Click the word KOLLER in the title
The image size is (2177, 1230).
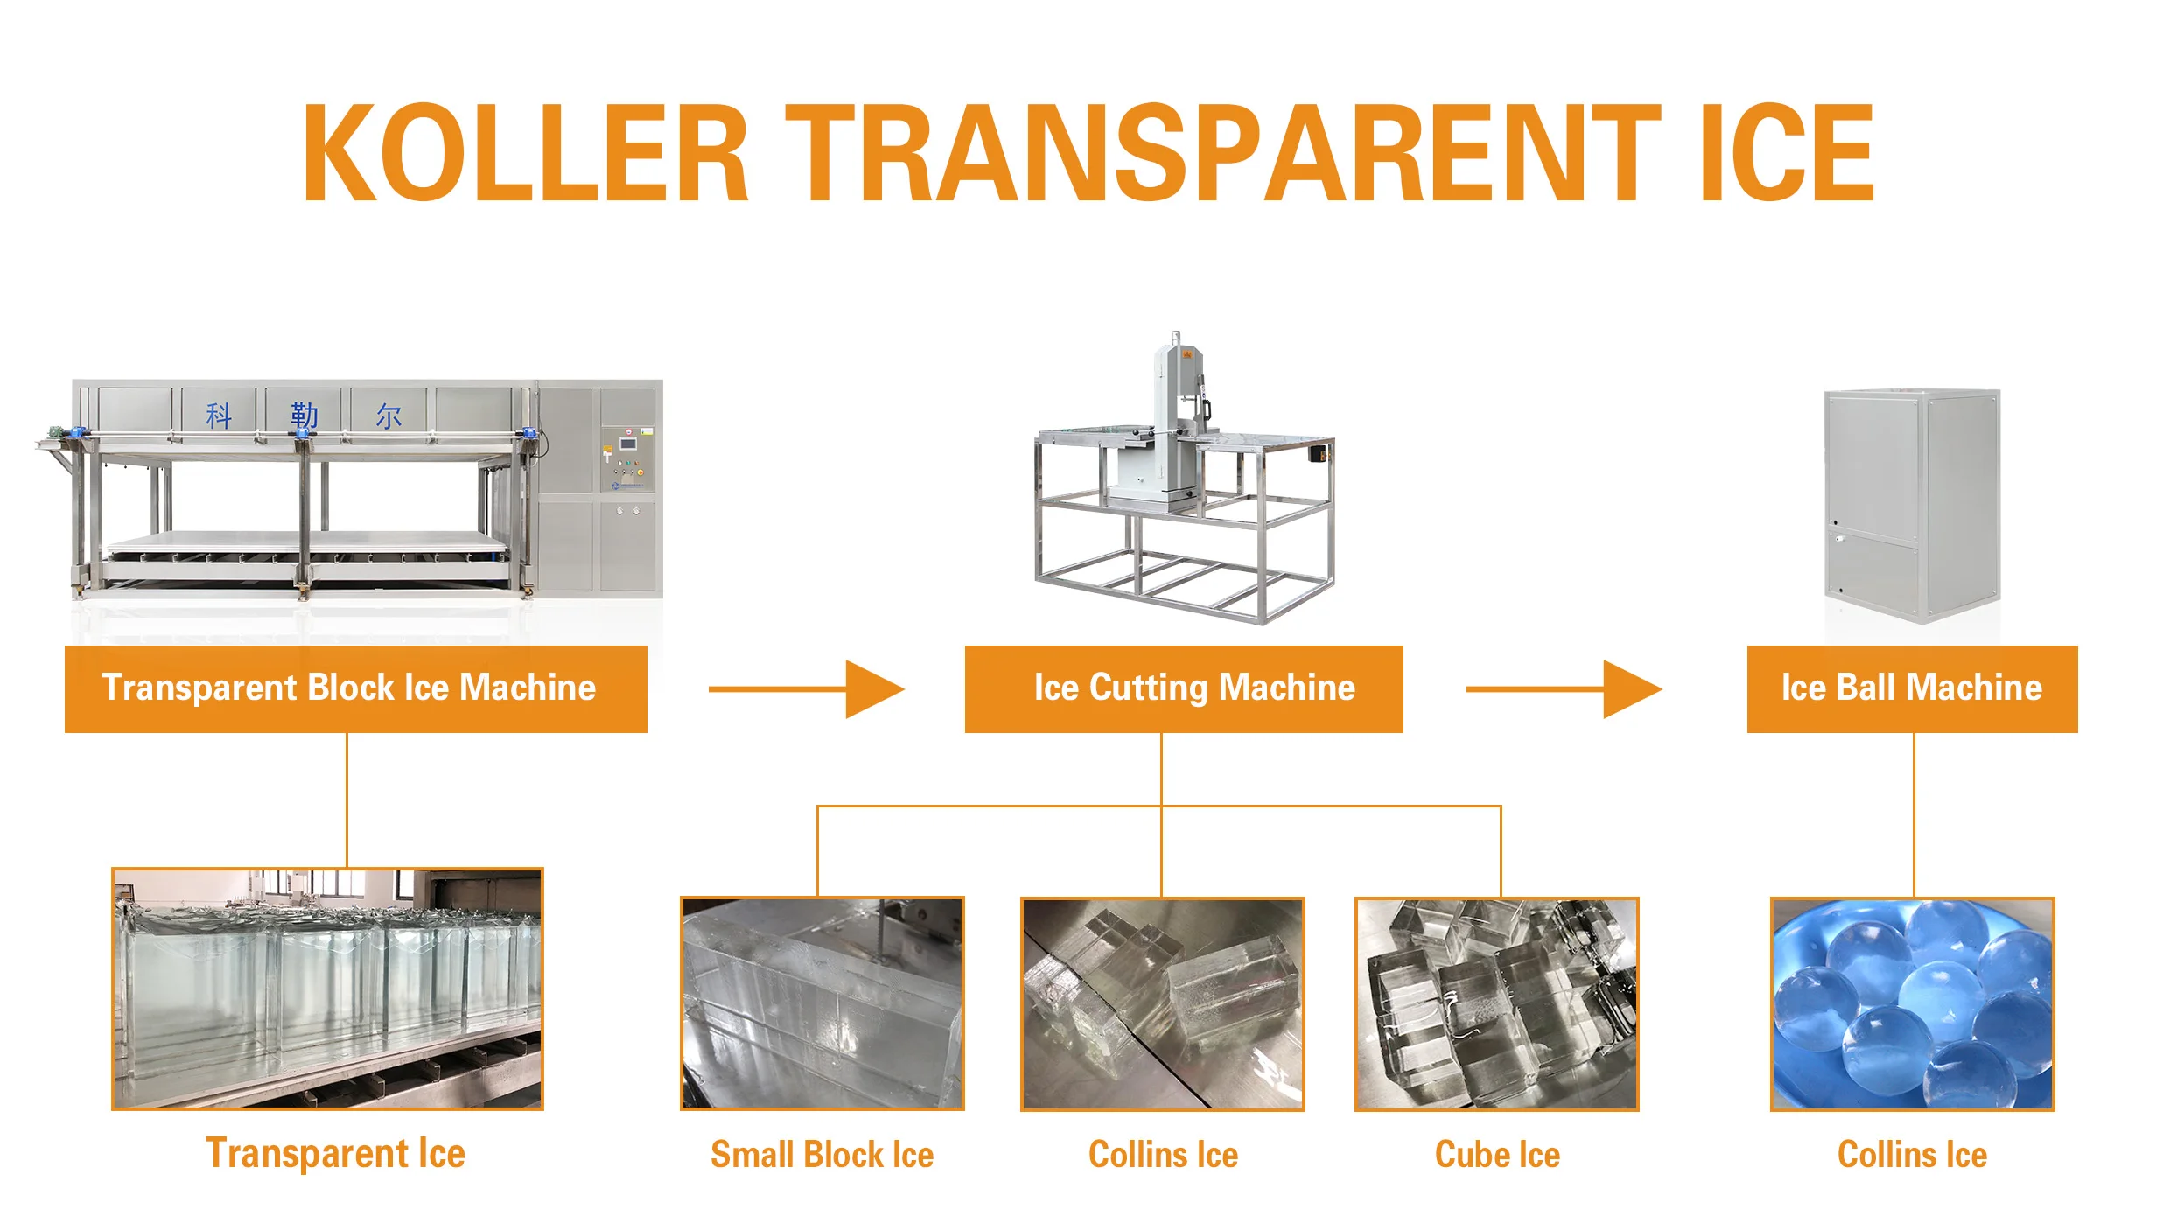(525, 153)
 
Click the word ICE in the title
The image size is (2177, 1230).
(1785, 153)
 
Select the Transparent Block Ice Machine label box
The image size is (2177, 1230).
(355, 688)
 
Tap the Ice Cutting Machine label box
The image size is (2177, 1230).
(1183, 688)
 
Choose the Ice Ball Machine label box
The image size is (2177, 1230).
(1912, 688)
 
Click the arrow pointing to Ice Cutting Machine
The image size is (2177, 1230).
(805, 689)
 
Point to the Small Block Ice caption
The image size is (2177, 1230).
(822, 1155)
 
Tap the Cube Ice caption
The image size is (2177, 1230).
(1497, 1155)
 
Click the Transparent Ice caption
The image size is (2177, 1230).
(335, 1153)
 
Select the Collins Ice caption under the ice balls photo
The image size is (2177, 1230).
(1912, 1155)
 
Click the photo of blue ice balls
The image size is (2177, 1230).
(1912, 1003)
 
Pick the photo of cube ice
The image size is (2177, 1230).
(1496, 1003)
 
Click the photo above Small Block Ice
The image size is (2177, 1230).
(822, 1003)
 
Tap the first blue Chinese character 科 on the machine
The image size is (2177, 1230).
(219, 415)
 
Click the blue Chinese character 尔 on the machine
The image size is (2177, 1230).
(388, 416)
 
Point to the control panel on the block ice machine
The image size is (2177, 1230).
(626, 459)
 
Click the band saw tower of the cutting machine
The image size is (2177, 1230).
(1178, 411)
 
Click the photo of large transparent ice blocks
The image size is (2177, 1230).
(327, 989)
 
